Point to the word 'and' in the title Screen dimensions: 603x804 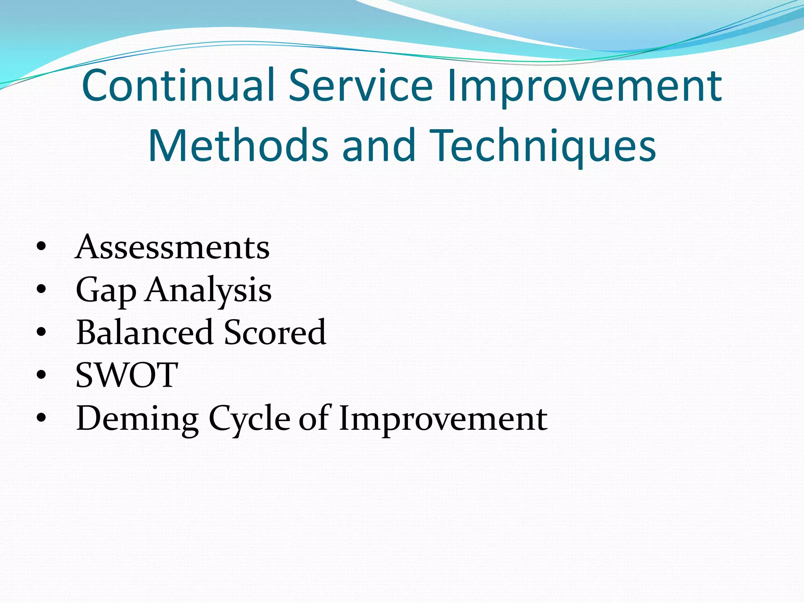[x=378, y=145]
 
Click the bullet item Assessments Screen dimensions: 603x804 [x=172, y=247]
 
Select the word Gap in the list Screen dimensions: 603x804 [x=106, y=291]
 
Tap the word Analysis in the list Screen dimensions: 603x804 [x=208, y=291]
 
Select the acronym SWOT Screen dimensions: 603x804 [x=127, y=375]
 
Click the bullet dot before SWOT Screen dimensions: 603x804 [x=41, y=375]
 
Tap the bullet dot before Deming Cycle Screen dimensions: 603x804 [x=41, y=418]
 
